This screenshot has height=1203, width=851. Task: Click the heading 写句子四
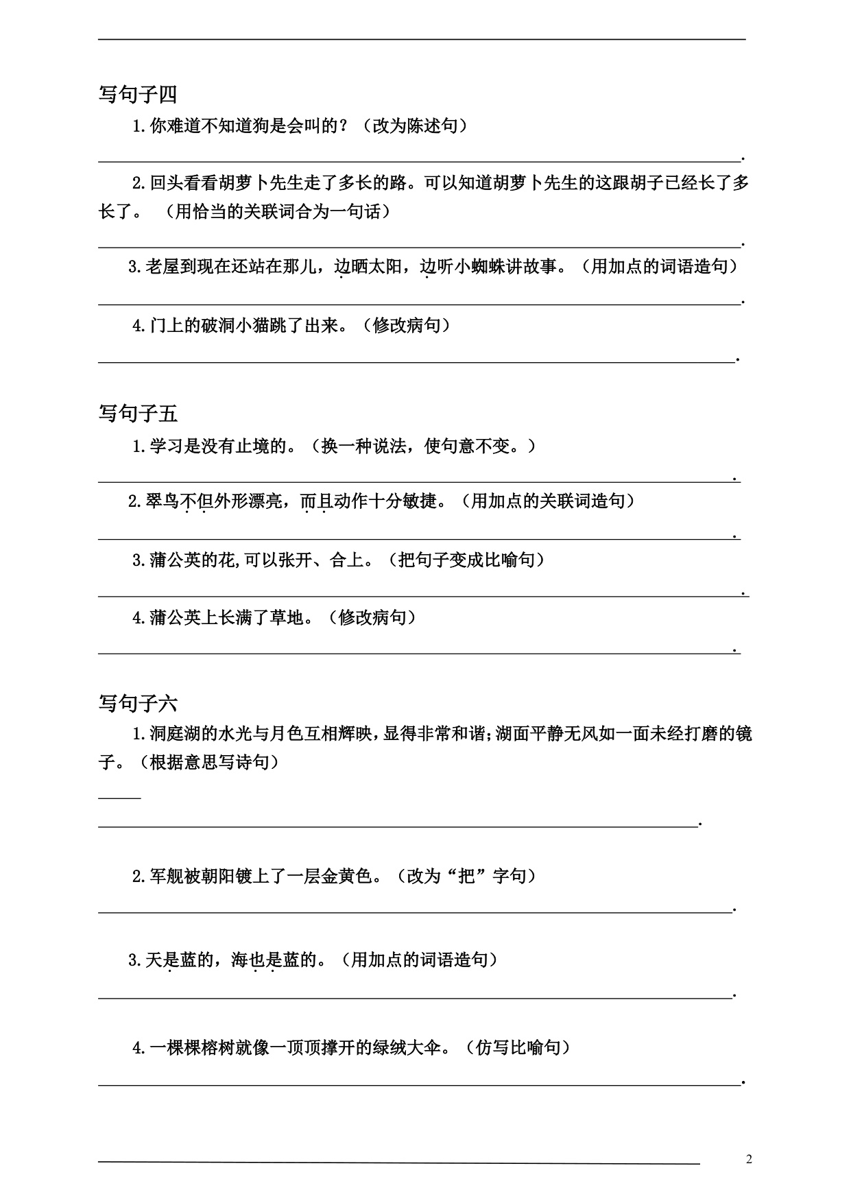coord(138,94)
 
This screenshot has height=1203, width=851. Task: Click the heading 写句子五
coord(138,414)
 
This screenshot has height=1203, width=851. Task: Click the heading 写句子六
coord(138,703)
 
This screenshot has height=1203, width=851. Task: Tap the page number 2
coord(749,1160)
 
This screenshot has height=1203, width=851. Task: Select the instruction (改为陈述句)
coord(416,126)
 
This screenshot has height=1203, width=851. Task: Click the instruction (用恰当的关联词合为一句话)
coord(278,212)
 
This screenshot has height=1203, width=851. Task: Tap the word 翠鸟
coord(163,502)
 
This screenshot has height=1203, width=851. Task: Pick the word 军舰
coord(167,877)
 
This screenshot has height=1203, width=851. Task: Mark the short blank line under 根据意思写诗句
coord(119,798)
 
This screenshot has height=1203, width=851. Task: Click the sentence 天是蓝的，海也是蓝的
coord(235,960)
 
